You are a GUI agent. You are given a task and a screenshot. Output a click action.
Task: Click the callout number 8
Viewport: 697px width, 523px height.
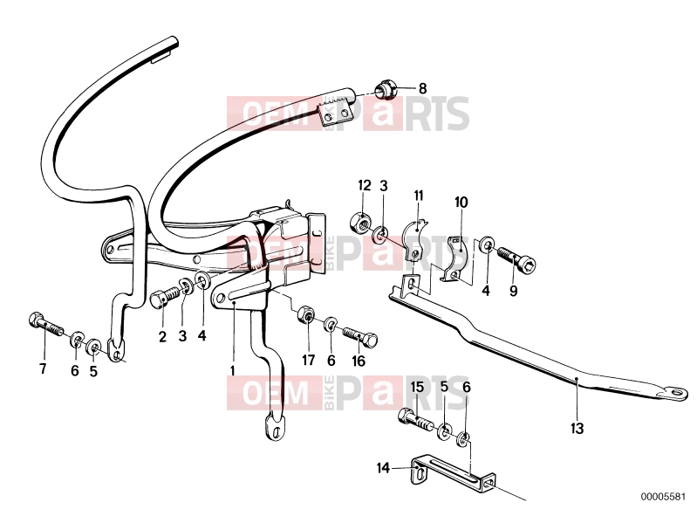coord(422,88)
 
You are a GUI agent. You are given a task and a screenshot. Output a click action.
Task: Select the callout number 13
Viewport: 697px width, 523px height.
coord(577,429)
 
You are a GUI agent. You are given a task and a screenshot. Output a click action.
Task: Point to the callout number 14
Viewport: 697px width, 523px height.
coord(383,468)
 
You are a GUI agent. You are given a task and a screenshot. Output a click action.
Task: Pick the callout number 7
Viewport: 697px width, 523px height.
coord(43,368)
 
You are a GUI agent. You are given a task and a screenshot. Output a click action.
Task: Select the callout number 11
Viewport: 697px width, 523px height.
coord(419,196)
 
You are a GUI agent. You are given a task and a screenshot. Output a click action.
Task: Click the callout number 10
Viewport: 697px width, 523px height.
coord(461,203)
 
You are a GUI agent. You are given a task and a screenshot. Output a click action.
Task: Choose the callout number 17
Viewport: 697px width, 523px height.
coord(308,360)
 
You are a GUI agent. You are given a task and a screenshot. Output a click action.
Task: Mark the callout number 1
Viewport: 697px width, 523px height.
coord(232,370)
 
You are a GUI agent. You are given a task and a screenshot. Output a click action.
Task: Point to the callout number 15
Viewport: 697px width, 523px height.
coord(417,387)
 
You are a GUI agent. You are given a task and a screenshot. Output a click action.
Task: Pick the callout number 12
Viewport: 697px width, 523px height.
coord(364,185)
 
